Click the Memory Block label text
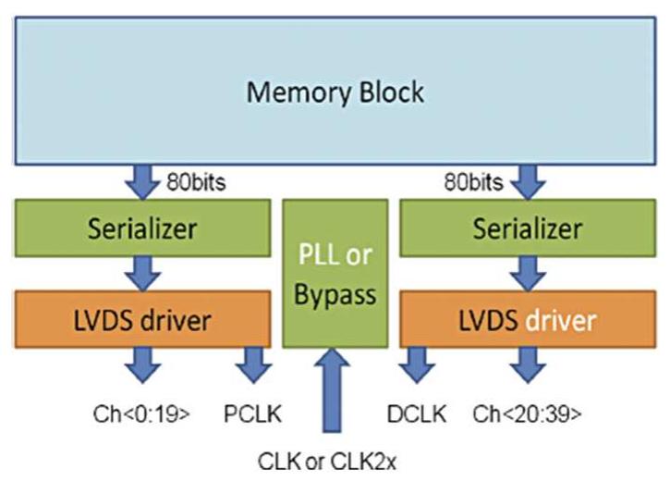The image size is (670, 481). (335, 92)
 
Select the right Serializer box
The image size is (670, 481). (528, 227)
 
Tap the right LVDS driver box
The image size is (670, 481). (528, 320)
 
